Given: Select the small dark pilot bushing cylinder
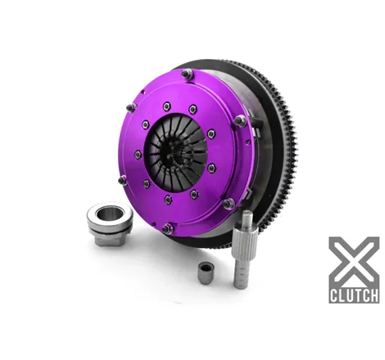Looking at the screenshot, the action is (x=206, y=273).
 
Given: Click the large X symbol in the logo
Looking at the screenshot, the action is (x=354, y=261).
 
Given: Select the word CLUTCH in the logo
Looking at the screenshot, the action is (x=354, y=295).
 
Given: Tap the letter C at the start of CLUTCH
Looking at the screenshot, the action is (x=334, y=295).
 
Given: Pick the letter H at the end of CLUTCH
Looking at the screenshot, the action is (x=374, y=295).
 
